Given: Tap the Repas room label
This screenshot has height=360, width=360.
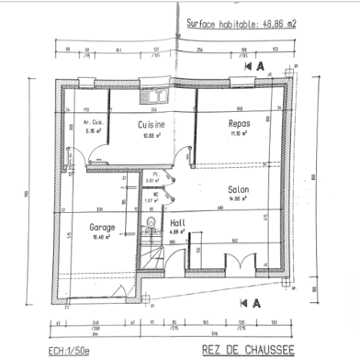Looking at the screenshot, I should point(239,123).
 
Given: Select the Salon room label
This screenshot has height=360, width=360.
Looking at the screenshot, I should point(239,189).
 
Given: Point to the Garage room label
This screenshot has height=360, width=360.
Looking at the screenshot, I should point(100,226).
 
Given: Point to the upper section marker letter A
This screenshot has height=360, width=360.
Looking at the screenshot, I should point(260,67).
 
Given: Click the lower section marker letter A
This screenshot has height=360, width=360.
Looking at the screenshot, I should point(260,301).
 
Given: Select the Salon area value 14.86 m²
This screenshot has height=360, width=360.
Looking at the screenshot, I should point(239,198).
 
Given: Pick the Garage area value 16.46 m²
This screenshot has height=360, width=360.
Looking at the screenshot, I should point(100,235).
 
